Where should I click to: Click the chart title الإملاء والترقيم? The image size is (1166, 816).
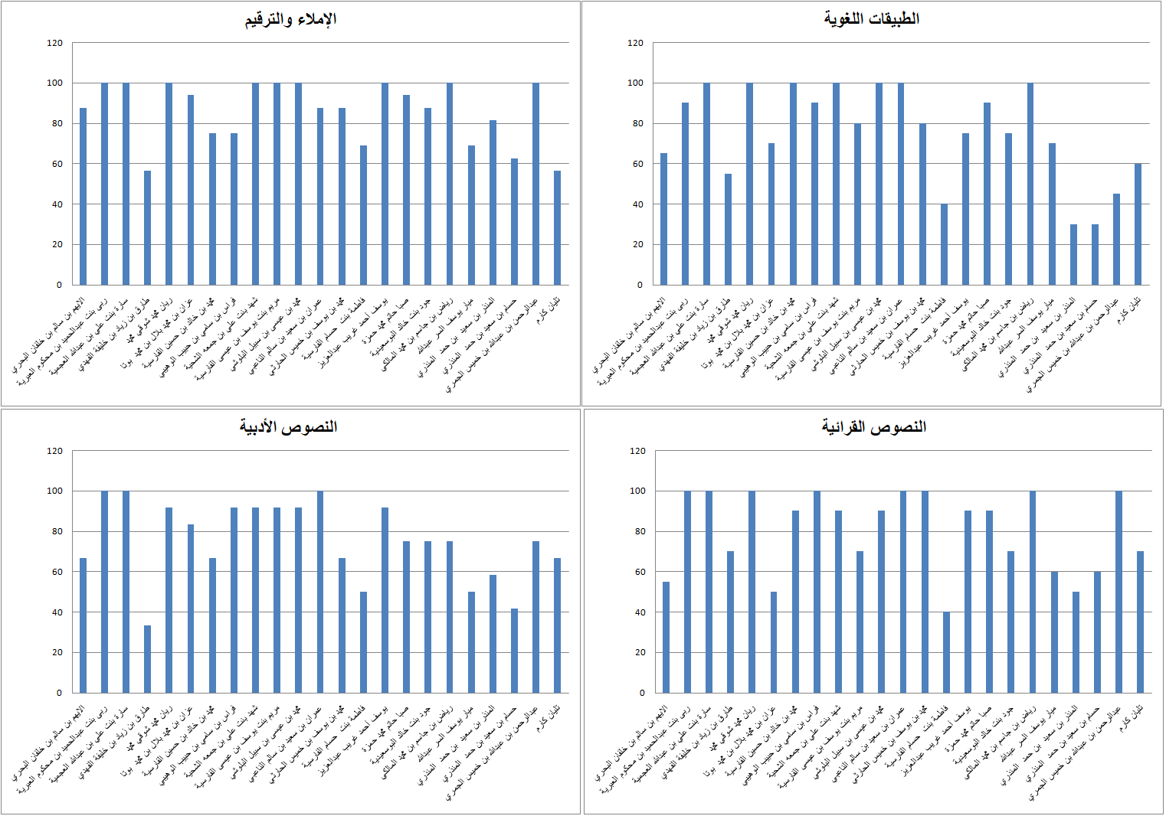click(290, 19)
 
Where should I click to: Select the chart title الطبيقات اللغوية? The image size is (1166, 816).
click(871, 18)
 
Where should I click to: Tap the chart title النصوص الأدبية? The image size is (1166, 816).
click(288, 426)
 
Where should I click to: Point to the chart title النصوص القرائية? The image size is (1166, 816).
click(873, 426)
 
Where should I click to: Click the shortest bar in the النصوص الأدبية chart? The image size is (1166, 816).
click(147, 659)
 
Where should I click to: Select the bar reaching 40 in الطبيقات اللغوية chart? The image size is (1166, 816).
click(944, 244)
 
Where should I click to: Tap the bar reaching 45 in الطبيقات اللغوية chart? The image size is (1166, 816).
click(1116, 239)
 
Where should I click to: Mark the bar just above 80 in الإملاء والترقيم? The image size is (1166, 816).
click(493, 203)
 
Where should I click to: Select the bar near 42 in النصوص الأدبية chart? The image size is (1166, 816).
click(514, 651)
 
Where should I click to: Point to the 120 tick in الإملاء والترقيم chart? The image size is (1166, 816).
click(54, 43)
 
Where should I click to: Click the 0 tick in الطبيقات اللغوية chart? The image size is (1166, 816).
click(640, 285)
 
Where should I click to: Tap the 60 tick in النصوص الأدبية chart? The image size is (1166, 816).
click(54, 572)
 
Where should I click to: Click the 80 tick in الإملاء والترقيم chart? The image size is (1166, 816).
click(54, 123)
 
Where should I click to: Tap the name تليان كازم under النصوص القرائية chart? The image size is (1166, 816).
click(1132, 717)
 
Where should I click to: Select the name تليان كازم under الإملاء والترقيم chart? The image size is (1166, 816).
click(549, 308)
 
